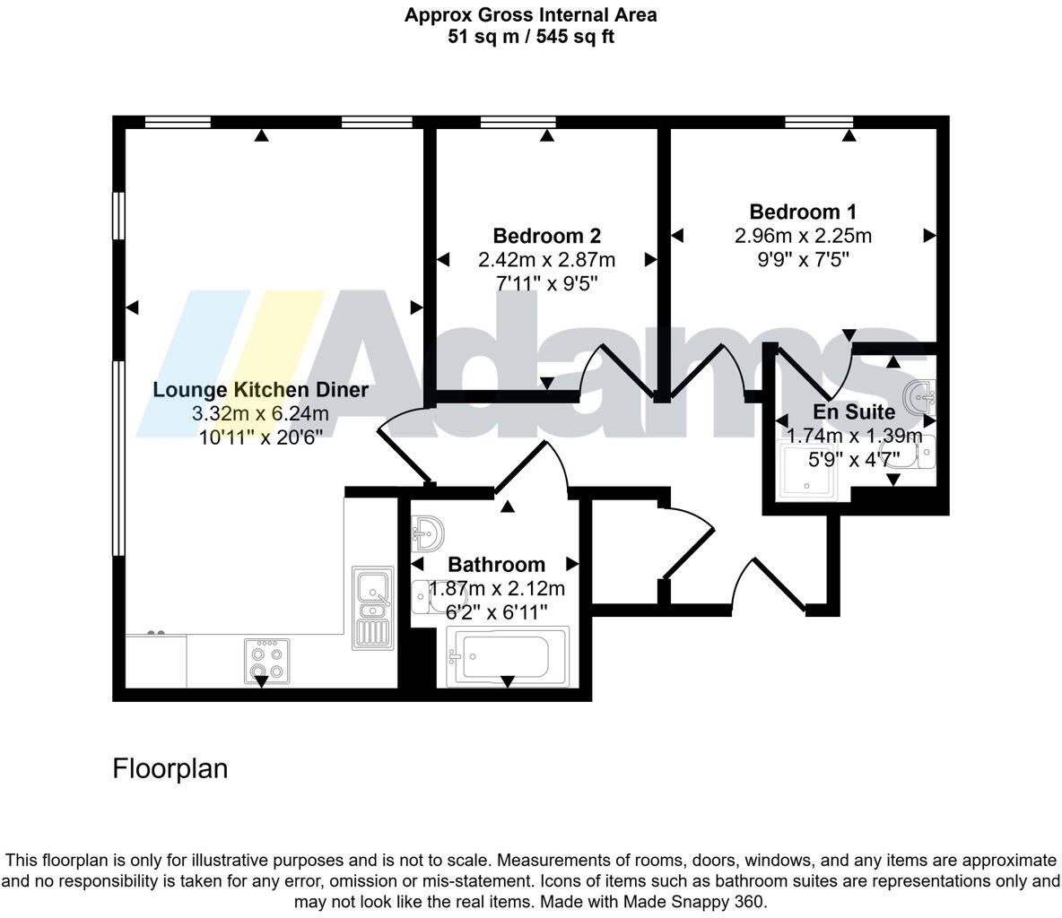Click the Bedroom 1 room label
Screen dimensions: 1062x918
(x=803, y=212)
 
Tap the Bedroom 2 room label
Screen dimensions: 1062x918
(x=546, y=236)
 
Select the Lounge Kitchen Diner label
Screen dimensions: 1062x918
(x=261, y=390)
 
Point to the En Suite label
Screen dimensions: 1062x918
(x=853, y=411)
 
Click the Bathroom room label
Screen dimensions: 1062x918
(x=496, y=565)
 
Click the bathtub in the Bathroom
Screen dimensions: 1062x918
(x=508, y=656)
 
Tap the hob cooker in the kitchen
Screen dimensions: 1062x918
(x=267, y=661)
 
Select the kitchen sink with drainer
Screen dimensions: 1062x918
(x=372, y=608)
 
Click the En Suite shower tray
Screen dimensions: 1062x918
(x=808, y=472)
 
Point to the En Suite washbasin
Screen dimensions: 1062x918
(x=920, y=397)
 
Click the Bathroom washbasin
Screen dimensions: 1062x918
(x=427, y=534)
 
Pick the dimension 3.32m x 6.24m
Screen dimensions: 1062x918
(x=261, y=413)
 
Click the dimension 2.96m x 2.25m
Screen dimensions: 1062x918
(x=803, y=236)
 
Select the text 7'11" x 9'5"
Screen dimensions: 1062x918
(x=546, y=283)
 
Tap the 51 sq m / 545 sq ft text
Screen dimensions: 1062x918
(x=531, y=36)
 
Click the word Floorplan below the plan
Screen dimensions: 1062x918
(x=170, y=769)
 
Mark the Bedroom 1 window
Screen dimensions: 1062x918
(x=819, y=123)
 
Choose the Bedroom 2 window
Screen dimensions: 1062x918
(x=518, y=123)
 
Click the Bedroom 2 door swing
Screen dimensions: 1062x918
(x=616, y=370)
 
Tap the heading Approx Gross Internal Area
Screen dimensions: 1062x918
(x=531, y=15)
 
